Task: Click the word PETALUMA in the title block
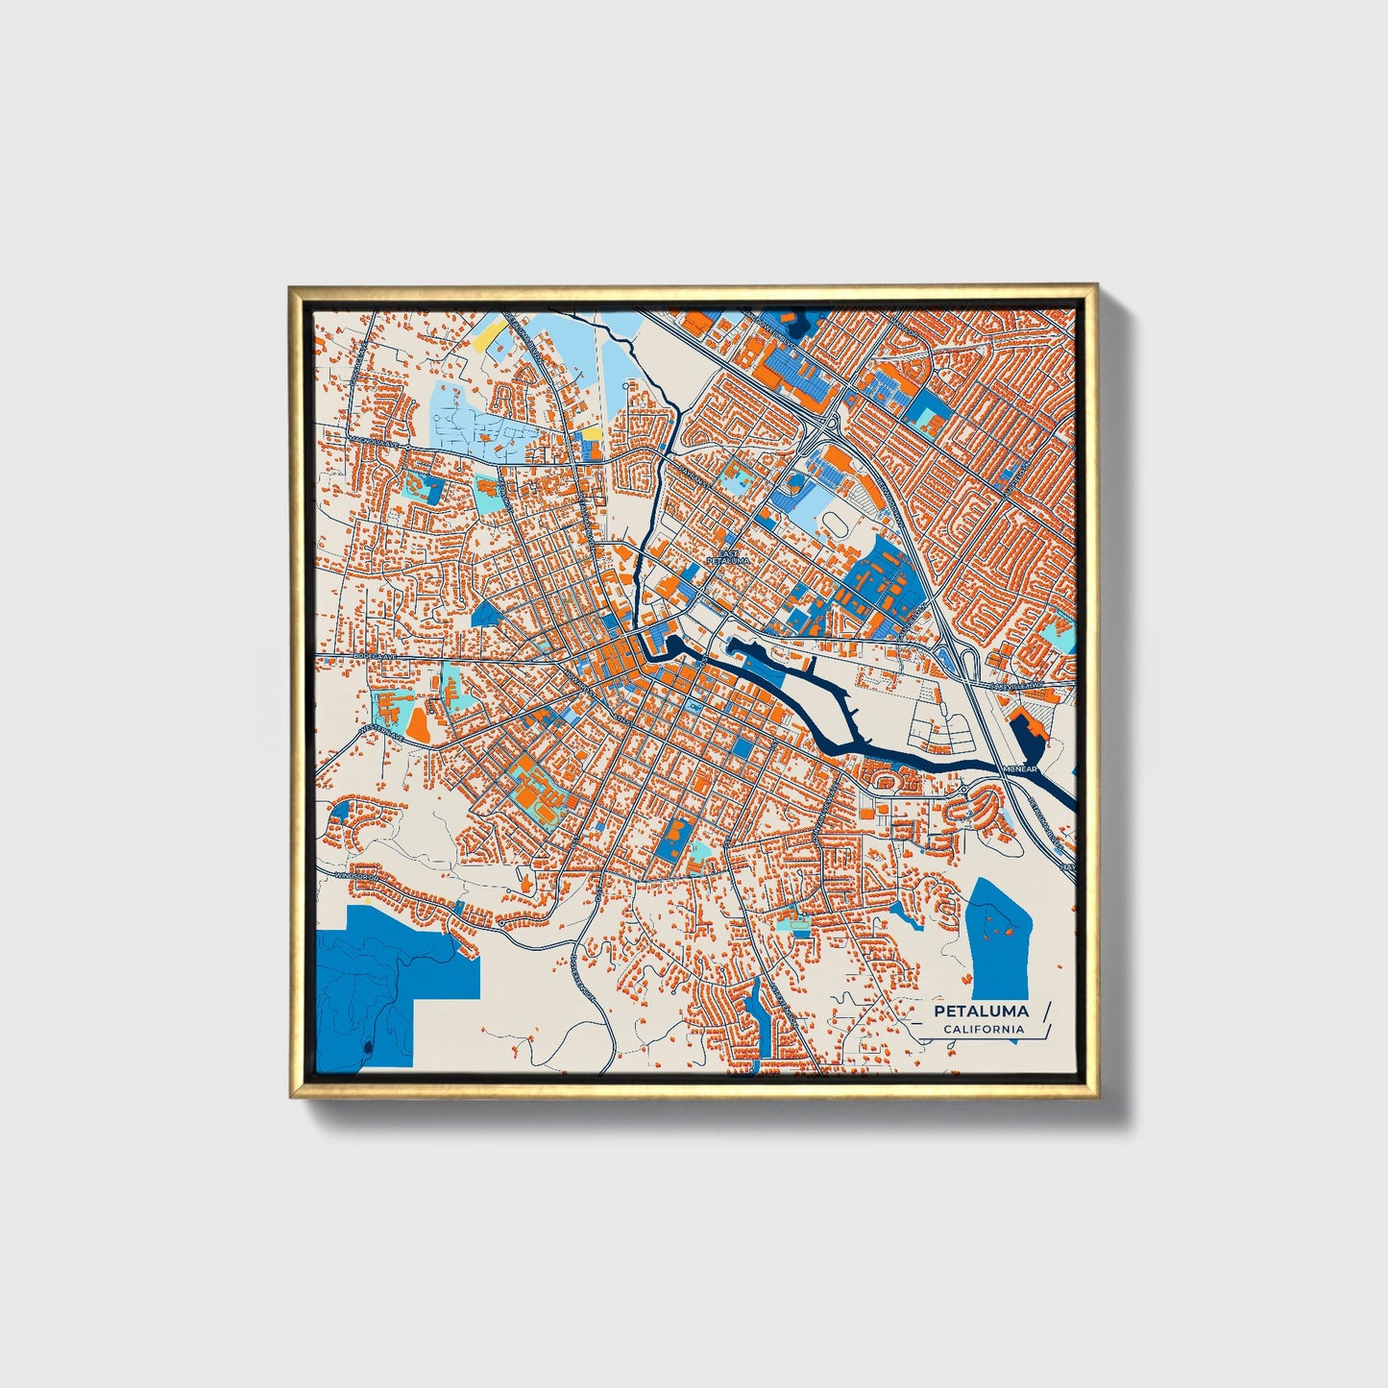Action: click(981, 1011)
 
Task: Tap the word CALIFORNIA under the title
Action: click(983, 1030)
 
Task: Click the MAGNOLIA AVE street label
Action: click(376, 442)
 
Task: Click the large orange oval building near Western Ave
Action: click(418, 722)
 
